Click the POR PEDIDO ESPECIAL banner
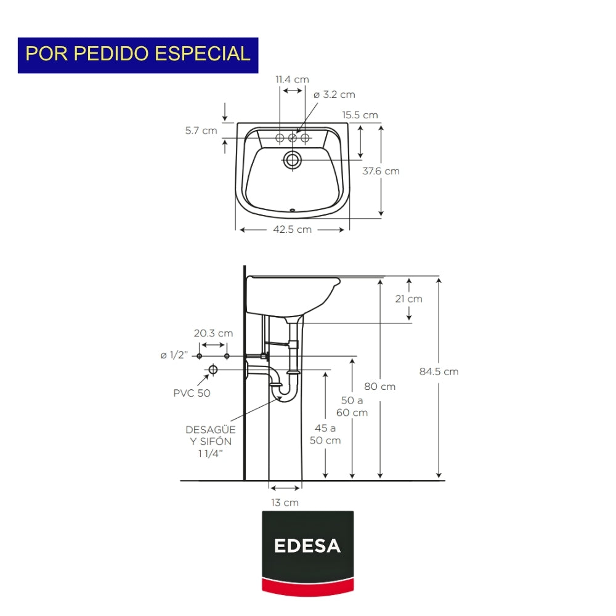point(138,55)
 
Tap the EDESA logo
point(307,546)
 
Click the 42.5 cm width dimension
point(292,230)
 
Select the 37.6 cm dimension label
point(381,171)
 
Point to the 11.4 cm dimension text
point(292,79)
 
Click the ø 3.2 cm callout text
point(334,95)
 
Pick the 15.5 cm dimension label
point(360,115)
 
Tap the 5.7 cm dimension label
point(201,131)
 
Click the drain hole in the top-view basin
point(292,161)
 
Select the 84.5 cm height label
point(439,371)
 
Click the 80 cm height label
point(380,387)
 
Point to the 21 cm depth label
point(410,299)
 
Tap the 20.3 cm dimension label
point(213,333)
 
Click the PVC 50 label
point(192,393)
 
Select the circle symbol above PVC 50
point(213,370)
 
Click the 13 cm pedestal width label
point(285,503)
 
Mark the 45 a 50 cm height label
point(325,434)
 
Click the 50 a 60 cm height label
point(352,407)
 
